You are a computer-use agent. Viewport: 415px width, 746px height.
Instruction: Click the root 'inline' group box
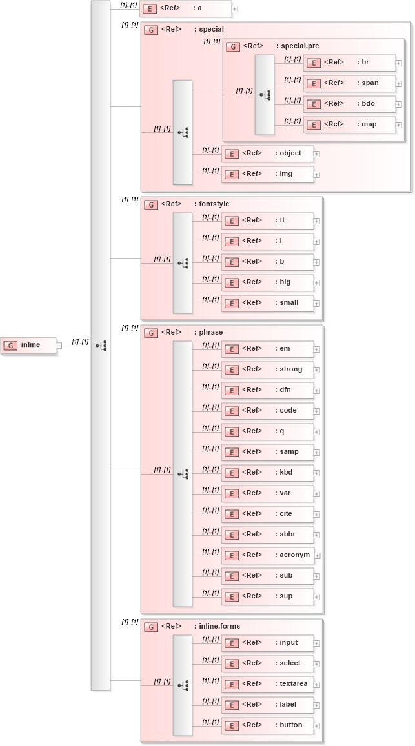28,345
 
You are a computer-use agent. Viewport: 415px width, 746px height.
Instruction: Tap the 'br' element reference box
349,63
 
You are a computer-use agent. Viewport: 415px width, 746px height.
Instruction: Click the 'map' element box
349,124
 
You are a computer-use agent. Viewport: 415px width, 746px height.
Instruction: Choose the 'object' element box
268,153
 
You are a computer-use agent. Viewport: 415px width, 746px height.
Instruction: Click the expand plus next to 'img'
317,175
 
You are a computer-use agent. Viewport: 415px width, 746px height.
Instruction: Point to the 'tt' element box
268,221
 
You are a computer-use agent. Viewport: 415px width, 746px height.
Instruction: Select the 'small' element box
268,303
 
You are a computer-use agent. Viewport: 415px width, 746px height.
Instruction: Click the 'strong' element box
268,369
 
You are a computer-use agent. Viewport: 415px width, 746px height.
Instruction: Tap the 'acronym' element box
268,555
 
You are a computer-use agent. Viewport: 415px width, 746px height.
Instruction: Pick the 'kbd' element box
268,473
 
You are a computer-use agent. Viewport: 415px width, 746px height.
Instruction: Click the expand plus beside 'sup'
317,597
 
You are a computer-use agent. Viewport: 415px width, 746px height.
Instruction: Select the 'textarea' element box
268,684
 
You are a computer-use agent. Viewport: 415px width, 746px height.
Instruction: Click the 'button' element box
268,725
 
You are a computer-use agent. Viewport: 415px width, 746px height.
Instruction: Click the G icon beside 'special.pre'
233,47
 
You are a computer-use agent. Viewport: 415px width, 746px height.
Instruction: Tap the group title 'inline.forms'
219,626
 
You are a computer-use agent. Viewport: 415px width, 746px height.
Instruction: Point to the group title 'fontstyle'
214,204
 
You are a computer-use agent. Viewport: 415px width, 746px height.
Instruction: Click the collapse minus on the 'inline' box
59,346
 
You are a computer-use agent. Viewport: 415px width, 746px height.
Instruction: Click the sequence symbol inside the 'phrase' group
183,474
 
